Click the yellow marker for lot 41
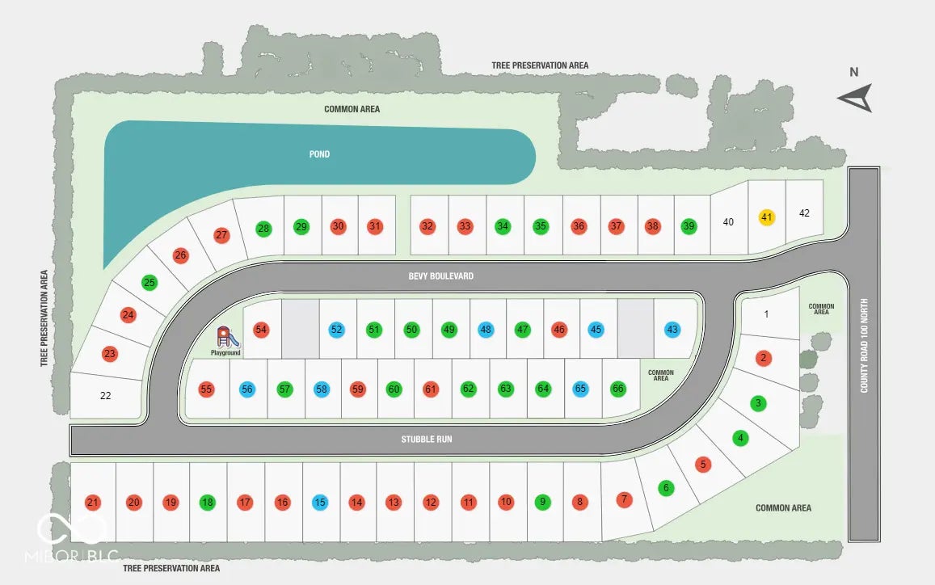767,217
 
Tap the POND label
320,154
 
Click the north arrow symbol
856,98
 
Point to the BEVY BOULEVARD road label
440,276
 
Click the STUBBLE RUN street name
427,440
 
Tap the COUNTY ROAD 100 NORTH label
864,345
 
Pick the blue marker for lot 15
320,502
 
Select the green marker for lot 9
542,502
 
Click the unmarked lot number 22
106,395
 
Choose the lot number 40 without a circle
728,222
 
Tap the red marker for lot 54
260,329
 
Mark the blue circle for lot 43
672,329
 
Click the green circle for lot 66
617,389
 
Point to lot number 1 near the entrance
766,314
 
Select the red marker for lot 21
92,502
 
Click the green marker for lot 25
150,282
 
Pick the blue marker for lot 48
486,329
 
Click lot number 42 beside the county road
804,213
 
